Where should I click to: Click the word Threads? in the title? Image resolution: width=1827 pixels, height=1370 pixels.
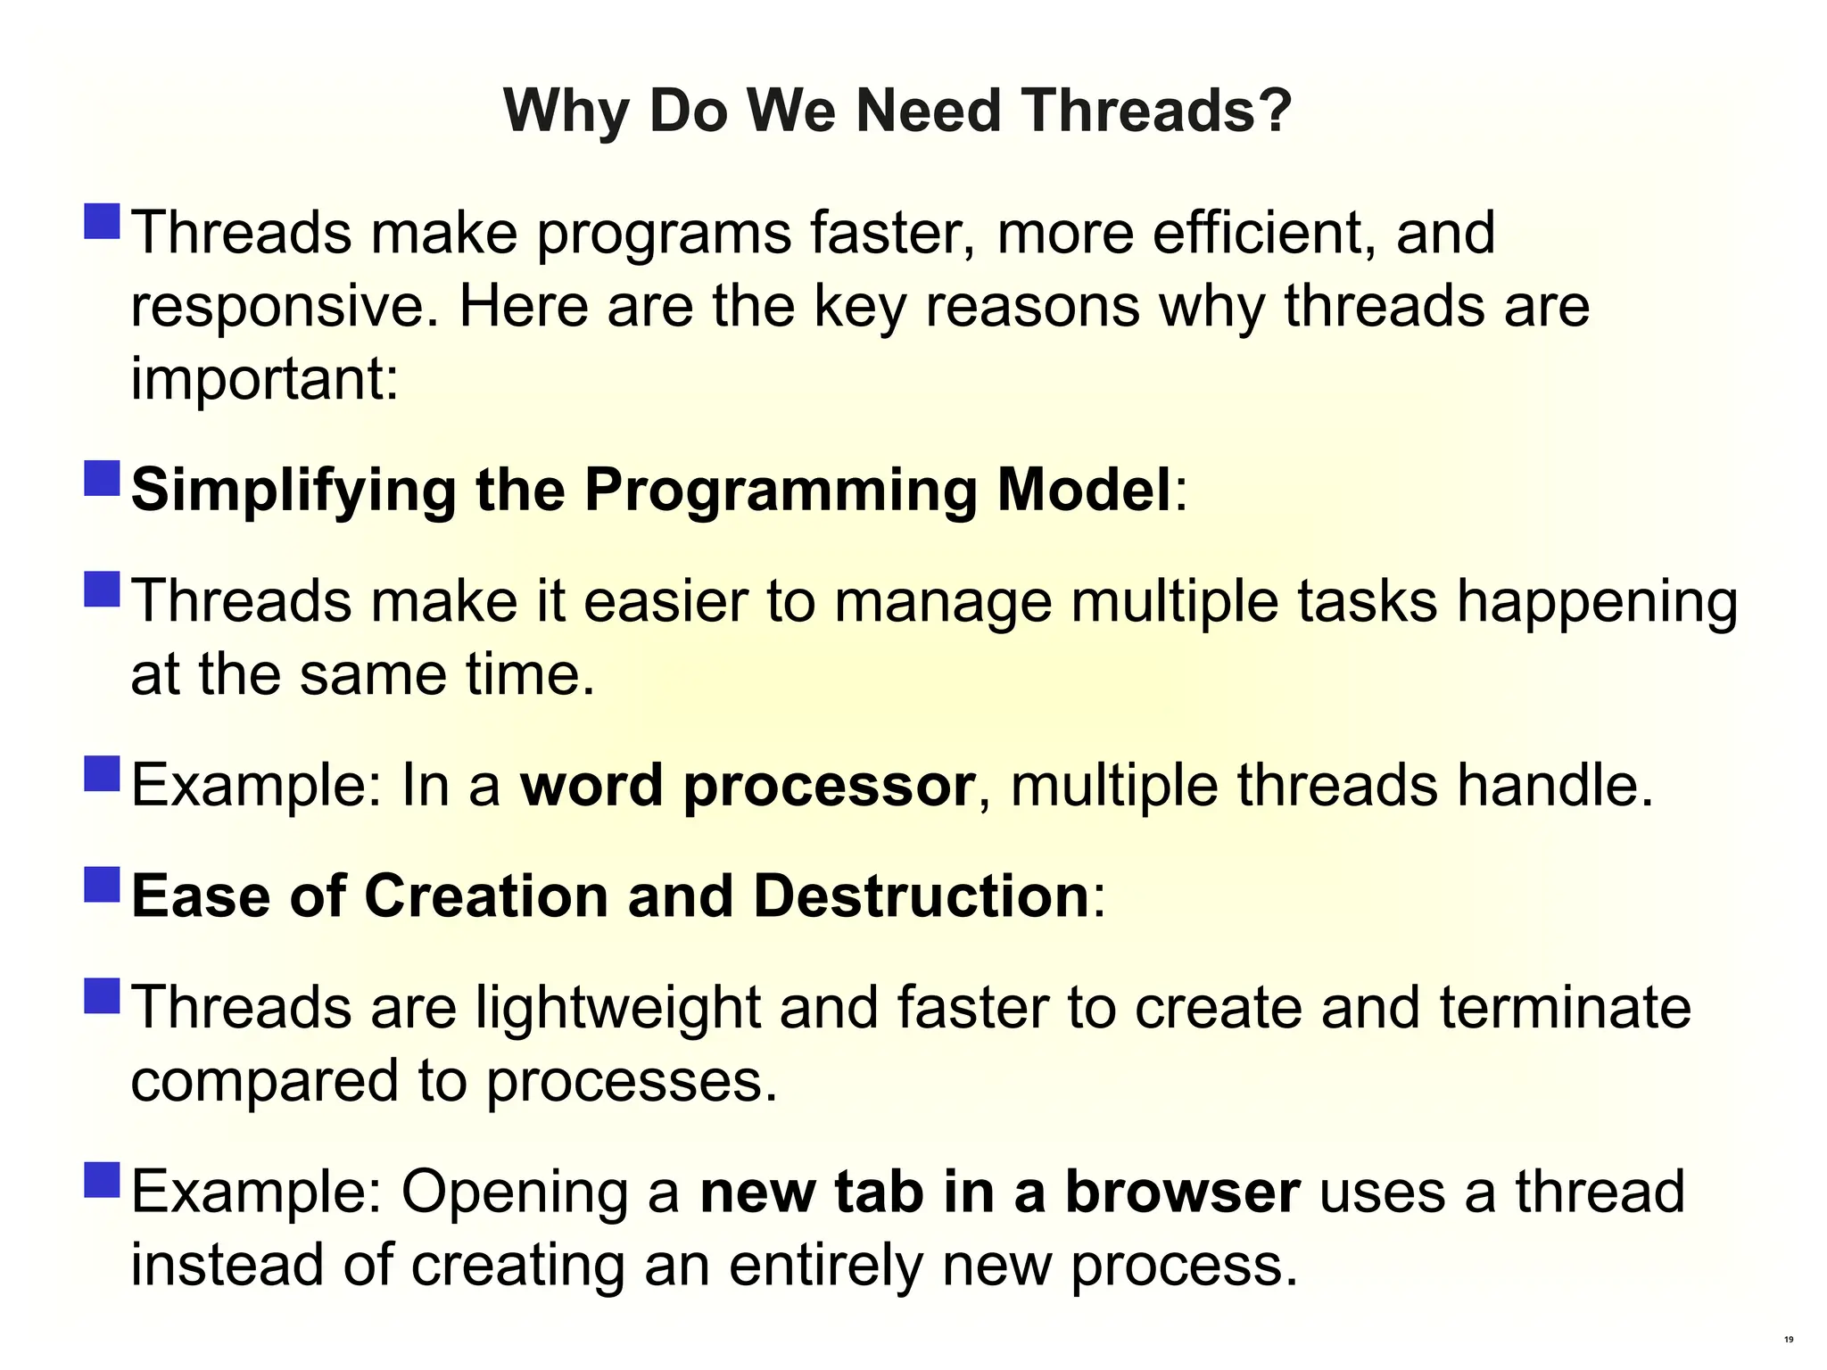1157,111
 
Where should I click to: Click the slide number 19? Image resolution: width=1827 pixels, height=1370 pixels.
1789,1340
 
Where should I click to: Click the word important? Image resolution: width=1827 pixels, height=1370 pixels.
264,380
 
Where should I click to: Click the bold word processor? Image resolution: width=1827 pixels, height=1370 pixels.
828,787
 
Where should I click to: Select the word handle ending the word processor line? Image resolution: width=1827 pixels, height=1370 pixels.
1555,786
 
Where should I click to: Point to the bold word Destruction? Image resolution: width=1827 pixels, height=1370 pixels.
921,896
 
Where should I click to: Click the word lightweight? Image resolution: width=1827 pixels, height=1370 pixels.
617,1009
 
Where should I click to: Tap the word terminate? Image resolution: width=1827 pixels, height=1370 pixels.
1566,1008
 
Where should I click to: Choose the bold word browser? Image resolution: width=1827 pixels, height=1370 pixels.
1183,1193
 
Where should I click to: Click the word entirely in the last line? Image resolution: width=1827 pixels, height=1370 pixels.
826,1266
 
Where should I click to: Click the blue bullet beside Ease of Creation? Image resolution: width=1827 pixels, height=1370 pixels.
103,885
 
